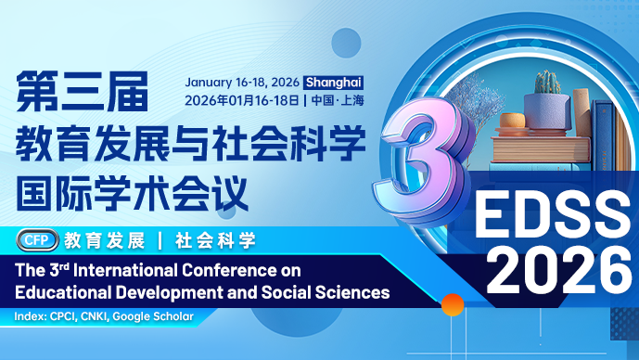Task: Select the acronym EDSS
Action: coord(551,216)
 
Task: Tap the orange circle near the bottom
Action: coord(452,303)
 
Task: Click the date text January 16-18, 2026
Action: coord(243,81)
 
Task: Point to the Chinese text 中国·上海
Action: coord(339,99)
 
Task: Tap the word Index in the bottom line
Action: coord(30,317)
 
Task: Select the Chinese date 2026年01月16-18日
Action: coord(242,99)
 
